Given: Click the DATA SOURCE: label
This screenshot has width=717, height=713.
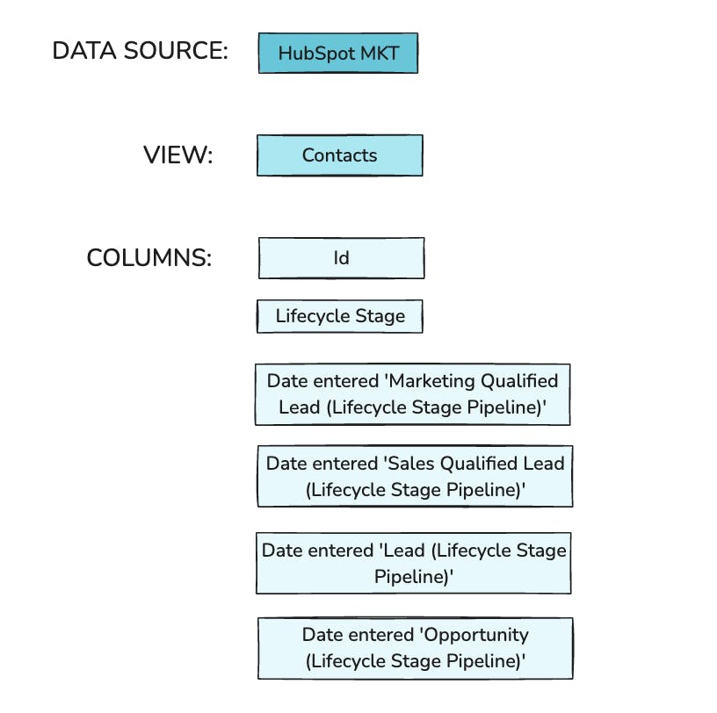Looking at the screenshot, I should click(x=140, y=51).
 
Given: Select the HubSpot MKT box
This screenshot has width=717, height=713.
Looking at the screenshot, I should click(x=338, y=53).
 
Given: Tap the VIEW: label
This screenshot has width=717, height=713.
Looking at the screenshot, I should click(x=177, y=155).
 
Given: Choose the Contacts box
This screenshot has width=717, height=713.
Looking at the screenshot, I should click(x=339, y=155).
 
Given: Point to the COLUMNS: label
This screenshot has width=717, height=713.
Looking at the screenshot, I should click(x=149, y=258).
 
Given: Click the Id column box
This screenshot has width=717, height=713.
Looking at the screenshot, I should click(x=341, y=258).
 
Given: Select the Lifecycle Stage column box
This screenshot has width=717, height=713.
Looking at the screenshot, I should click(x=340, y=316).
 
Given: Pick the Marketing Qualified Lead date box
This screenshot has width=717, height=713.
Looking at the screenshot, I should click(x=412, y=394).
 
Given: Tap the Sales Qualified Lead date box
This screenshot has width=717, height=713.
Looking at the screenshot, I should click(x=415, y=475).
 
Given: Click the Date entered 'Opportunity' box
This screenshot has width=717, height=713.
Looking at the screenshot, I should click(x=415, y=647).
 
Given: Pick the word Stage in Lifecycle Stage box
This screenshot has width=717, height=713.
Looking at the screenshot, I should click(x=381, y=316).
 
